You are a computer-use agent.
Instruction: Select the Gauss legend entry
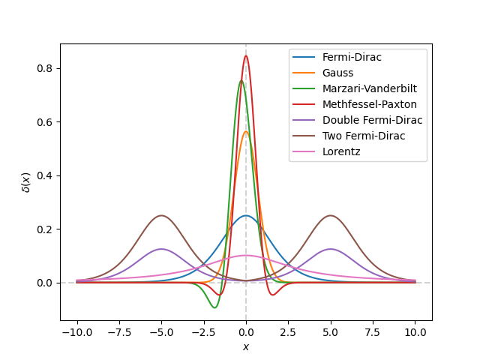[x=337, y=73]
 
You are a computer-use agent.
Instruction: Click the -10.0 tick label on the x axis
[x=76, y=332]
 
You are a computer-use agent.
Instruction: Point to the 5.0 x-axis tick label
[x=331, y=332]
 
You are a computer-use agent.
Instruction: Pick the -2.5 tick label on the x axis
[x=203, y=332]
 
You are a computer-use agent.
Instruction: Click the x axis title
[x=246, y=346]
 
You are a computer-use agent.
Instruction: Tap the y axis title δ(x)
[x=26, y=182]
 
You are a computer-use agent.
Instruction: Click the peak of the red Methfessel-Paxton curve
[x=246, y=55]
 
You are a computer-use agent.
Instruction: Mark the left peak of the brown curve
[x=160, y=215]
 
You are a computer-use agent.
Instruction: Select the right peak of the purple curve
[x=331, y=249]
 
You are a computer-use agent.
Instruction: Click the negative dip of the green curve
[x=214, y=307]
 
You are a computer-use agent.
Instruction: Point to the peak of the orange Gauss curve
[x=246, y=132]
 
